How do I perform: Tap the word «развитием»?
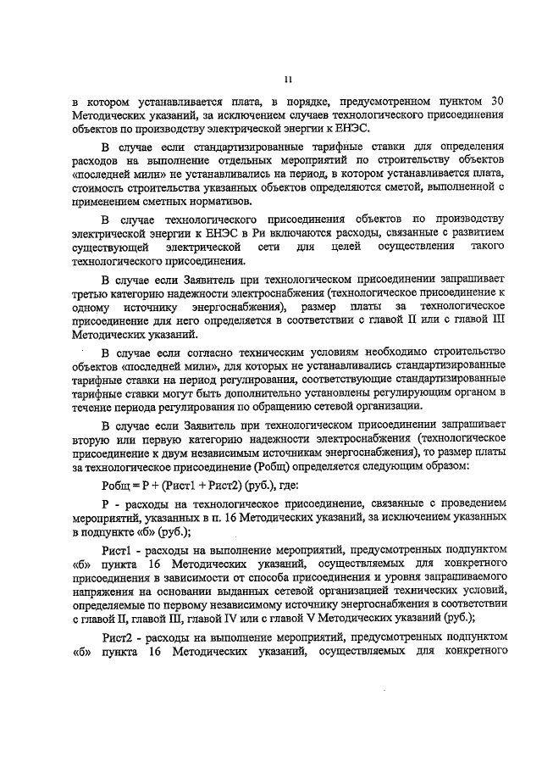[x=472, y=232]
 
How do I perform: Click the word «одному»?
[x=87, y=308]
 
